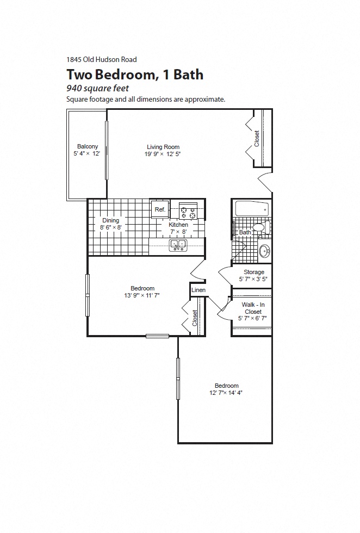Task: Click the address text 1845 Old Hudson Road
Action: click(x=101, y=60)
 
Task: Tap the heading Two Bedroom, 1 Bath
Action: click(x=135, y=75)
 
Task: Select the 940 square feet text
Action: click(x=97, y=88)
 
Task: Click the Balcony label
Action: click(x=88, y=147)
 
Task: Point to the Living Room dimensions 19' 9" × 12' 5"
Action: click(x=163, y=154)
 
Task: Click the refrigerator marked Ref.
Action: click(x=160, y=209)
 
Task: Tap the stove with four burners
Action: click(x=188, y=212)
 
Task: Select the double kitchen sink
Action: click(x=178, y=246)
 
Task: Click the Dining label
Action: click(x=110, y=220)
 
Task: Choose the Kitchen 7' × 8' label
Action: click(x=178, y=228)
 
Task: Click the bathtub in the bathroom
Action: click(x=251, y=209)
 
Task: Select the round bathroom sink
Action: click(x=264, y=251)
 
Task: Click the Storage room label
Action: click(x=253, y=272)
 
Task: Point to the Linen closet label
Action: click(x=198, y=290)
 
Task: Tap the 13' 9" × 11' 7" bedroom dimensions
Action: click(x=142, y=295)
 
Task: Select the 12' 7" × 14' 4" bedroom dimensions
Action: click(x=226, y=393)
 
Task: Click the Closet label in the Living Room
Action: click(x=257, y=138)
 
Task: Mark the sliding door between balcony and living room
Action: click(x=107, y=150)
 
